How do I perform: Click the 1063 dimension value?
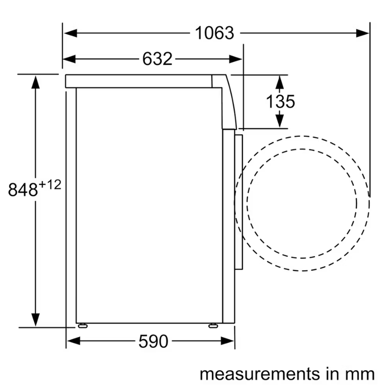[x=214, y=33]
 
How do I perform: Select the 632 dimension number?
[x=157, y=59]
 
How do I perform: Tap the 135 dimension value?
[x=280, y=101]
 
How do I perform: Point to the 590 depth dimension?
[x=153, y=341]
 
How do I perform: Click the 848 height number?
[x=23, y=189]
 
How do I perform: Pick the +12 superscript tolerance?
[x=50, y=185]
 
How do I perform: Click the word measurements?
[x=260, y=374]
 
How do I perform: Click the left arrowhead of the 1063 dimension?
[x=70, y=33]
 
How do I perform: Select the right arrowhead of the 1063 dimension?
[x=362, y=33]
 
